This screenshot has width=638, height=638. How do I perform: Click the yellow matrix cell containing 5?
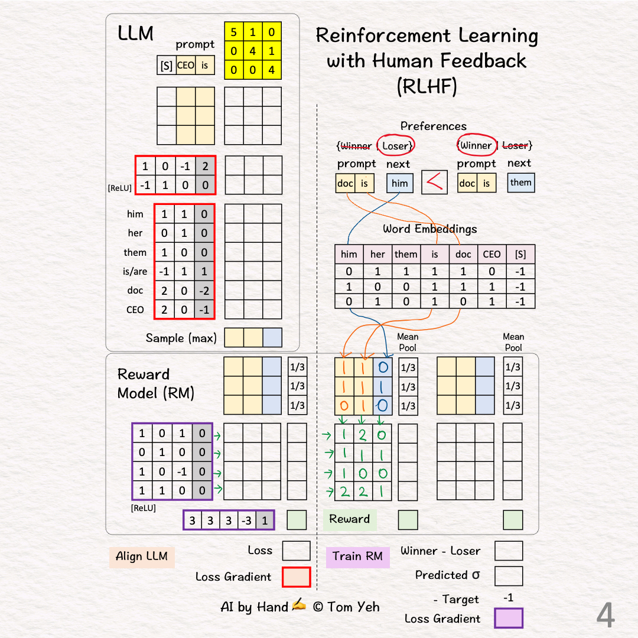pos(234,32)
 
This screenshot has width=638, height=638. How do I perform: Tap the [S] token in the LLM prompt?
pos(167,66)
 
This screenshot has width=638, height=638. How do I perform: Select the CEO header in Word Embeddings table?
pos(491,254)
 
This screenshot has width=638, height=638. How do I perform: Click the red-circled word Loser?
pos(395,145)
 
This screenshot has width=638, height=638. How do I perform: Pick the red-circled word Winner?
pos(476,145)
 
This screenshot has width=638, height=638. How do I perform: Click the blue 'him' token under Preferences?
pos(400,183)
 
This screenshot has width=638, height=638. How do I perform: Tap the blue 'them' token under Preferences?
pos(520,183)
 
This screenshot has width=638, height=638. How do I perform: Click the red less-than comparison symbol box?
pos(434,183)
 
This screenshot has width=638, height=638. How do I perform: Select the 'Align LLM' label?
pos(142,556)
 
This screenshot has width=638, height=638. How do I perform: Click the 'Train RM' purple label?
pos(357,556)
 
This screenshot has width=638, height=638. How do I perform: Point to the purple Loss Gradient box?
pos(509,619)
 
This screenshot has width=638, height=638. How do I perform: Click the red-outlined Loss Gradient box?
pos(296,577)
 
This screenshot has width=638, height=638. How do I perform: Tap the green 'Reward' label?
pos(350,519)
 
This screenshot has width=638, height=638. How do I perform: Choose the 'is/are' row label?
pos(135,272)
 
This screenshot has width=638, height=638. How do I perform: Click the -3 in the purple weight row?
pos(246,520)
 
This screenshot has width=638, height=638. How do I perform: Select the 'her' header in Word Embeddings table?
pos(377,254)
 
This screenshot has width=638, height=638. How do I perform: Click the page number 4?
pos(605,616)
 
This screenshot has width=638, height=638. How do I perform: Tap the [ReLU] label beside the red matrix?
pos(120,188)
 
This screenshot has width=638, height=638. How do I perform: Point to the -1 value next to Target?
pos(508,598)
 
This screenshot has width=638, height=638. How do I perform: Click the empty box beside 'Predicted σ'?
pos(509,576)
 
